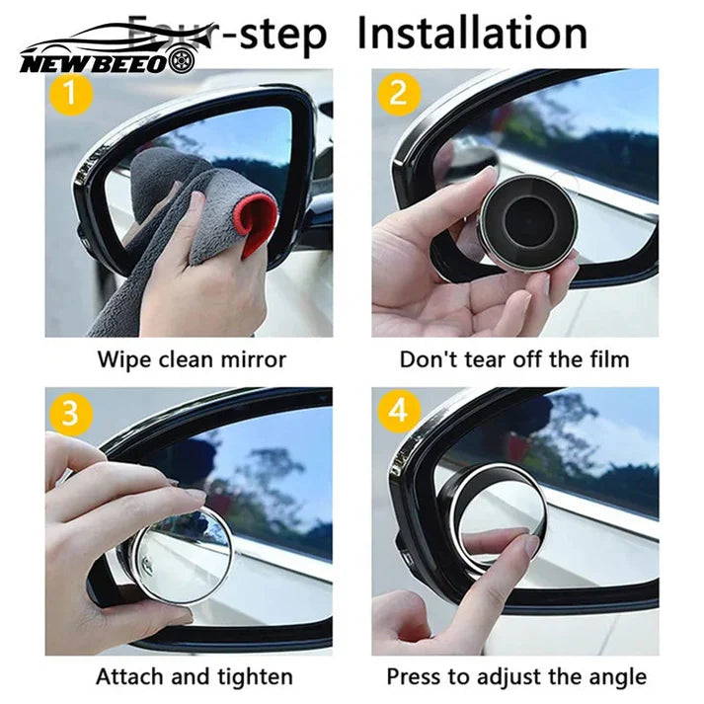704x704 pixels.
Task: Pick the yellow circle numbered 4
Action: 398,413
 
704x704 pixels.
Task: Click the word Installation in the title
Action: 471,34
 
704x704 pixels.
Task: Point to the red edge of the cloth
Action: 260,223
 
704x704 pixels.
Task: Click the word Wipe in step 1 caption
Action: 121,357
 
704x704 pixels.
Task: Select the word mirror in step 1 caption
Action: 255,357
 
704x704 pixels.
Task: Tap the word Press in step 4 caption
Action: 413,676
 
